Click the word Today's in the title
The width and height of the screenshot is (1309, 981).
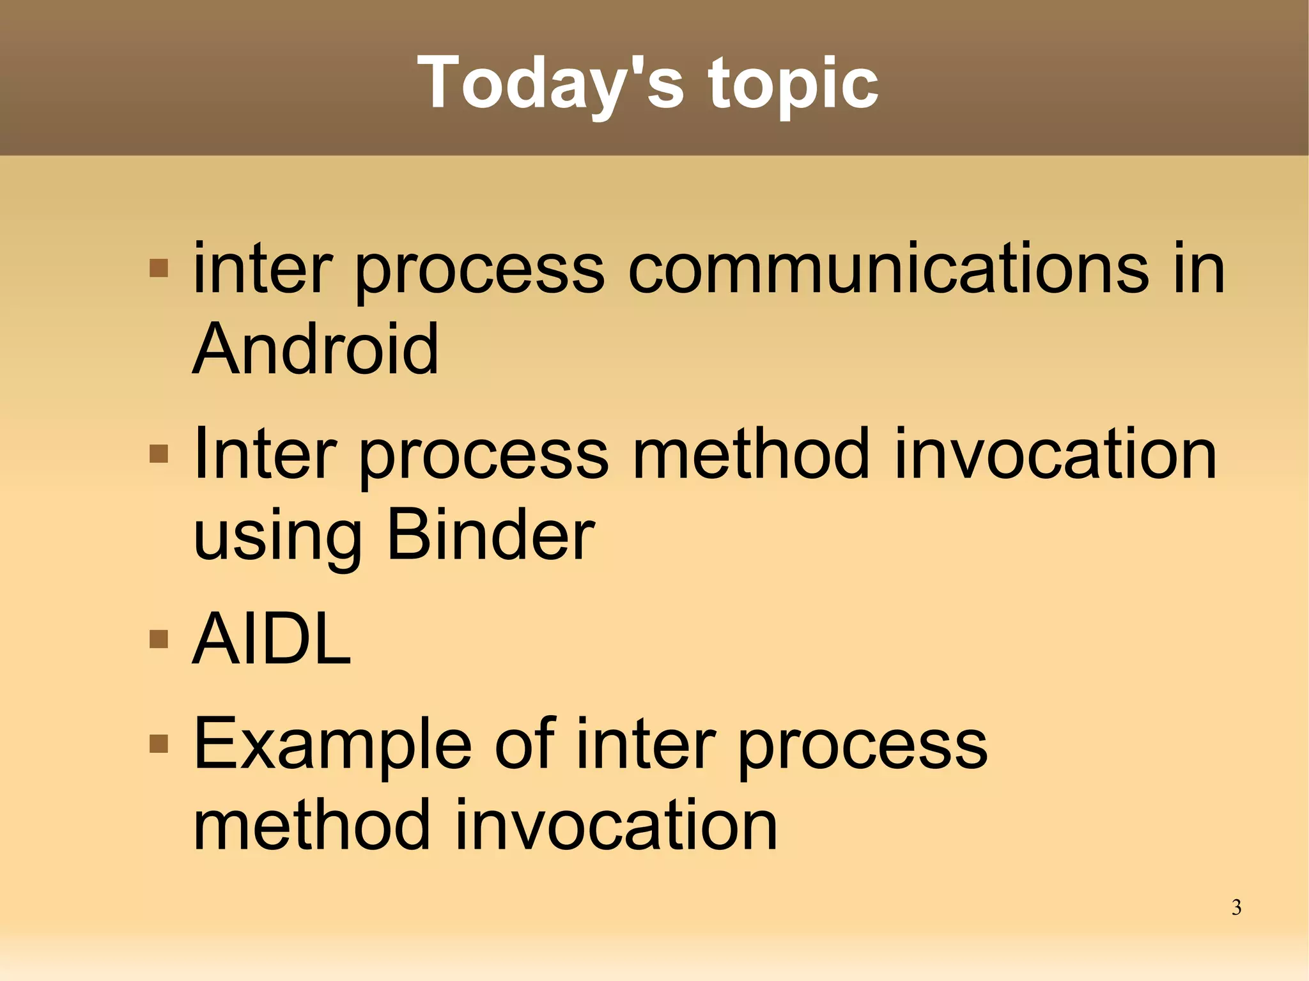click(550, 83)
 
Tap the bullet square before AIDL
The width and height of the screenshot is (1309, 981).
click(159, 638)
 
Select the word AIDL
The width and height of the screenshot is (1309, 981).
click(272, 639)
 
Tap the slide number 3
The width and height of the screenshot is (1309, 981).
click(1236, 908)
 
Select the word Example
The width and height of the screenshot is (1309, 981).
click(332, 745)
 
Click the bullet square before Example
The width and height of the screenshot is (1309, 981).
click(159, 743)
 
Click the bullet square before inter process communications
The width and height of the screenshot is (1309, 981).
click(159, 268)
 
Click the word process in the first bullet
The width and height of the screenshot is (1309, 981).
click(479, 272)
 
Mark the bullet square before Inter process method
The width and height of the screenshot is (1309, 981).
click(159, 454)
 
